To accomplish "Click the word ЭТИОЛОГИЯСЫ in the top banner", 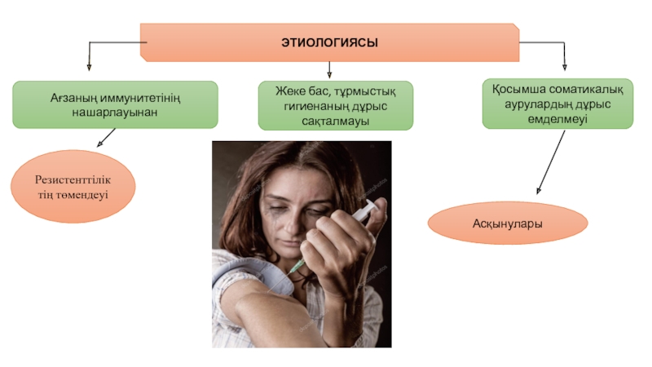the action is click(330, 41).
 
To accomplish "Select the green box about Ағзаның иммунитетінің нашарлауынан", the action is click(115, 104).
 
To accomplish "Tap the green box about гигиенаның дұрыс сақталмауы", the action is click(336, 105).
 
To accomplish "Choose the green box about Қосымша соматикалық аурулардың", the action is click(557, 104).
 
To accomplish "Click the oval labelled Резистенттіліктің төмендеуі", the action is click(72, 187).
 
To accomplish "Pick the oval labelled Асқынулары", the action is click(508, 223).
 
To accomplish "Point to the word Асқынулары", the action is click(508, 223).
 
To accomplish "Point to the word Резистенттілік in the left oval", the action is click(72, 179).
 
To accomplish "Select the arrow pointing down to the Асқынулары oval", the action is click(550, 161).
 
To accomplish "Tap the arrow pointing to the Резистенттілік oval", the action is click(106, 139).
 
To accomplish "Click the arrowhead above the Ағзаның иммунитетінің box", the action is click(89, 68).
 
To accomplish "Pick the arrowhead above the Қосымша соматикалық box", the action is click(565, 66).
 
